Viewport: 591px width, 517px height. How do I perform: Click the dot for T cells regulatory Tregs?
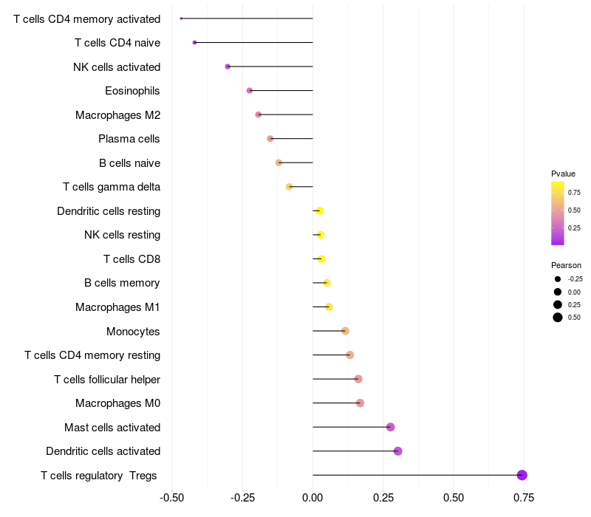pos(522,475)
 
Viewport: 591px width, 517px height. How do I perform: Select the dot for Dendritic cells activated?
pos(397,451)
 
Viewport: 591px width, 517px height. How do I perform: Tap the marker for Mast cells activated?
pos(390,427)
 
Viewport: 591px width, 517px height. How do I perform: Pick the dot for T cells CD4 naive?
pos(194,43)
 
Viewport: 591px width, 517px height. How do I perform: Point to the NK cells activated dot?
pos(228,66)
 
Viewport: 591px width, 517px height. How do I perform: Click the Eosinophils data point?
pos(250,91)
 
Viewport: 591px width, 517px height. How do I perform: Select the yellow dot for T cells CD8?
pos(321,258)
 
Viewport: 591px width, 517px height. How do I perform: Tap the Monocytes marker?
pos(345,331)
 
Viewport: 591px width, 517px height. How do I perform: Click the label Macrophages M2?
pos(117,115)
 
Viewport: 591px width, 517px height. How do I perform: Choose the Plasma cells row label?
pos(129,139)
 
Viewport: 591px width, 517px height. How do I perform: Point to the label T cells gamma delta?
pos(112,187)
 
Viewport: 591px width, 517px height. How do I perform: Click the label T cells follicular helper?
pos(107,380)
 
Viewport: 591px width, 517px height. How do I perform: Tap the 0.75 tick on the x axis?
pos(525,498)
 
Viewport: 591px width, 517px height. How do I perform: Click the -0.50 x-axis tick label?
pos(171,498)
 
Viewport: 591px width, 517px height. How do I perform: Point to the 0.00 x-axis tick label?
pos(312,498)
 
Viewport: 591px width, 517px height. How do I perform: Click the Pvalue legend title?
pos(563,174)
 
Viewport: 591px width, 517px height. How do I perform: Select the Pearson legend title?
pos(566,265)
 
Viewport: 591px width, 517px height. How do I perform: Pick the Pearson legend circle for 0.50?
pos(558,318)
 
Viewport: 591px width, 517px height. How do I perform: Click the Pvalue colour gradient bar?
pos(558,213)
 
